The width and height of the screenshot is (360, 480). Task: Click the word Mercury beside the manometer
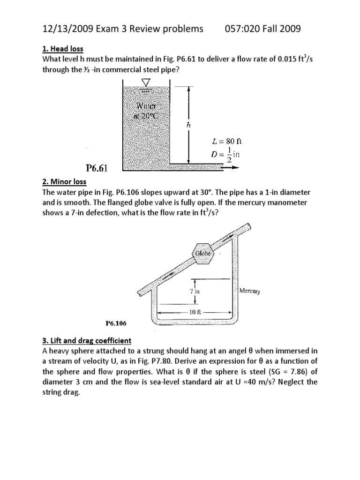pyautogui.click(x=250, y=291)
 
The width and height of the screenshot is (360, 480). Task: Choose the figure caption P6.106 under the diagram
pyautogui.click(x=116, y=323)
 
